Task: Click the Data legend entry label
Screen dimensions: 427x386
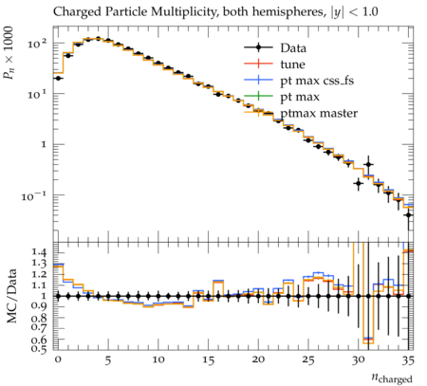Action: (x=293, y=48)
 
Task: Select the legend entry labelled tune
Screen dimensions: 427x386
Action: (x=292, y=64)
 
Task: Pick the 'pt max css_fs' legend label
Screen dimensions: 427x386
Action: (x=317, y=81)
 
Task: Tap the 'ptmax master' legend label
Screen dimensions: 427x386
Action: (x=319, y=114)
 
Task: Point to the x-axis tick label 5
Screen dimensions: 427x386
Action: (x=108, y=360)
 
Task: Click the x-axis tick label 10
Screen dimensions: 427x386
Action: (x=158, y=359)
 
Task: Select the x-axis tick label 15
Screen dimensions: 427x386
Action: (x=208, y=360)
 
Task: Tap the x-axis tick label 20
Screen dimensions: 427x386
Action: (x=258, y=359)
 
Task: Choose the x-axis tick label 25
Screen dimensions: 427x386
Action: (x=308, y=360)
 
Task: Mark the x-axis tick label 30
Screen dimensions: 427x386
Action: (x=358, y=360)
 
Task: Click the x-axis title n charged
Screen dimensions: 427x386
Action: (x=392, y=378)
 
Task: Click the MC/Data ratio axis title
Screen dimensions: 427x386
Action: (x=11, y=296)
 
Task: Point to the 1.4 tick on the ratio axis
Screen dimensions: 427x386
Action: (x=40, y=252)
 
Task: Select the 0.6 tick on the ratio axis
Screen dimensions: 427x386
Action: (x=40, y=340)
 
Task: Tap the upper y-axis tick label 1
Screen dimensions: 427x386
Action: (x=44, y=144)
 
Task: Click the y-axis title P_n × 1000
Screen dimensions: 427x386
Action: (x=9, y=53)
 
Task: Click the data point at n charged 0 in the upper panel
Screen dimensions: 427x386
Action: (x=58, y=78)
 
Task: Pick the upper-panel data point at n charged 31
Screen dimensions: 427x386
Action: (x=368, y=164)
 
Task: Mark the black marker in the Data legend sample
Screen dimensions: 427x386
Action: (x=258, y=48)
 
